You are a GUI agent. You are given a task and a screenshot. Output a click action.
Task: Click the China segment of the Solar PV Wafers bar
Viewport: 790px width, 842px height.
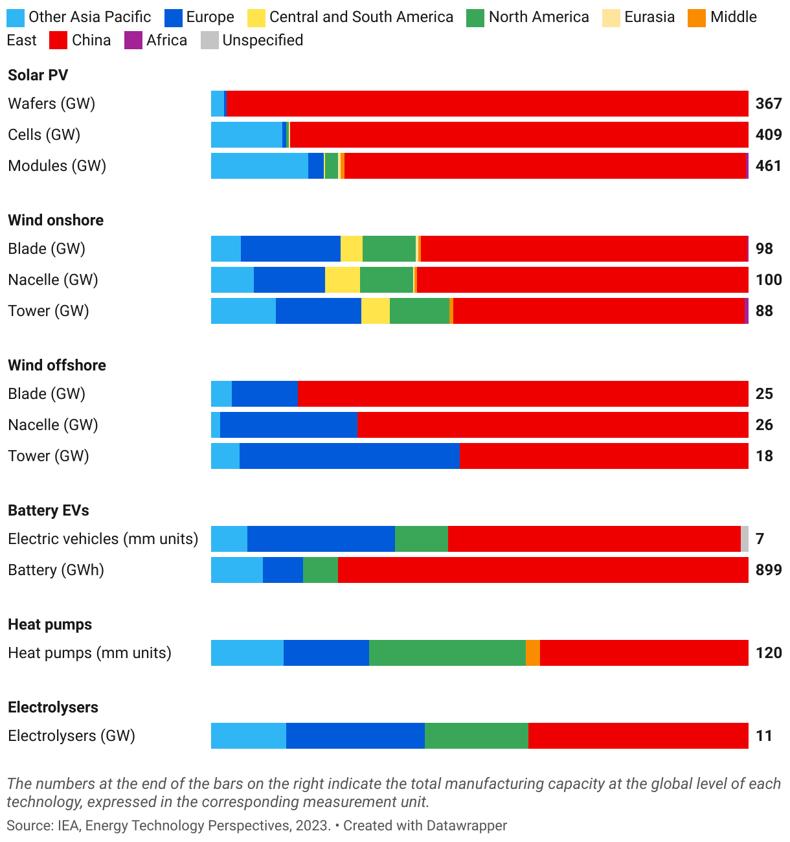(487, 104)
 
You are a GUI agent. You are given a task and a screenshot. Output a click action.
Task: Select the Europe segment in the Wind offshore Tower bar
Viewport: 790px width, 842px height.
(350, 456)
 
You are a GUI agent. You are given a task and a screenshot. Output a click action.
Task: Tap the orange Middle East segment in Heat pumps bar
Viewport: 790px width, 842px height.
(533, 653)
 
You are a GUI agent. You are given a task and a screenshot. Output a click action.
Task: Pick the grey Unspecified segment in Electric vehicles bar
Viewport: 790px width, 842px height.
(745, 539)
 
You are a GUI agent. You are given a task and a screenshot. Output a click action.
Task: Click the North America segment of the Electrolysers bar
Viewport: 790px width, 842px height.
(477, 736)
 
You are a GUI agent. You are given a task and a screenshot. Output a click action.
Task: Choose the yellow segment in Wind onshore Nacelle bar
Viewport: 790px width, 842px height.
(343, 280)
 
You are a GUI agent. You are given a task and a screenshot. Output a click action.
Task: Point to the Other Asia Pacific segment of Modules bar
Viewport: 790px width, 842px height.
(259, 166)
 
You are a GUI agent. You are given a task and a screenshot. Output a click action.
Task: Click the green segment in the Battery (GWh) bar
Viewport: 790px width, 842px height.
(321, 570)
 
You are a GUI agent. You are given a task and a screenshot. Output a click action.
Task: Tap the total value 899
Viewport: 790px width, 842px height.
(769, 570)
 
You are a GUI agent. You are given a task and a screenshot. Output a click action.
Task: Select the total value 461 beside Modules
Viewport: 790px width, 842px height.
(769, 166)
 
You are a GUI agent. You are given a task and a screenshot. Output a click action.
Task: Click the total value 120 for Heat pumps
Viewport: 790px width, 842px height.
(769, 653)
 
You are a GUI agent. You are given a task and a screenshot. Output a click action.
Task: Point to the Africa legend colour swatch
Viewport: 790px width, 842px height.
(133, 40)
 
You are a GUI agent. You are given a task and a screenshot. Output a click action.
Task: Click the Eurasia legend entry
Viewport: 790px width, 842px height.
(649, 17)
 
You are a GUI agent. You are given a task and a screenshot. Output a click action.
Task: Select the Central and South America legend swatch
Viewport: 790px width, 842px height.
(256, 17)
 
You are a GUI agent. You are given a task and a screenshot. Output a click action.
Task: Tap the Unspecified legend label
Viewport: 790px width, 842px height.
(262, 40)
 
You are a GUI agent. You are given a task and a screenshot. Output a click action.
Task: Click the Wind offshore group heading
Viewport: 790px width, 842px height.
(57, 365)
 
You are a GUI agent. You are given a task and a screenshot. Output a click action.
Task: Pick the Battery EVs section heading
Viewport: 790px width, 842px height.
(49, 510)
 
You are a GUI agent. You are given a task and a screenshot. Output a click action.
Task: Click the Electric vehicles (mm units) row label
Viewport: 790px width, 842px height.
(103, 539)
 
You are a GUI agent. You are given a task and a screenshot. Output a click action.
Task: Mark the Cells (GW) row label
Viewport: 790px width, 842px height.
(44, 135)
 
